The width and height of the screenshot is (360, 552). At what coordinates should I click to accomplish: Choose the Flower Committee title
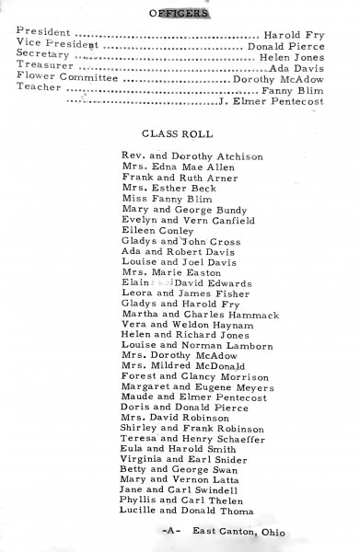coord(64,79)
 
